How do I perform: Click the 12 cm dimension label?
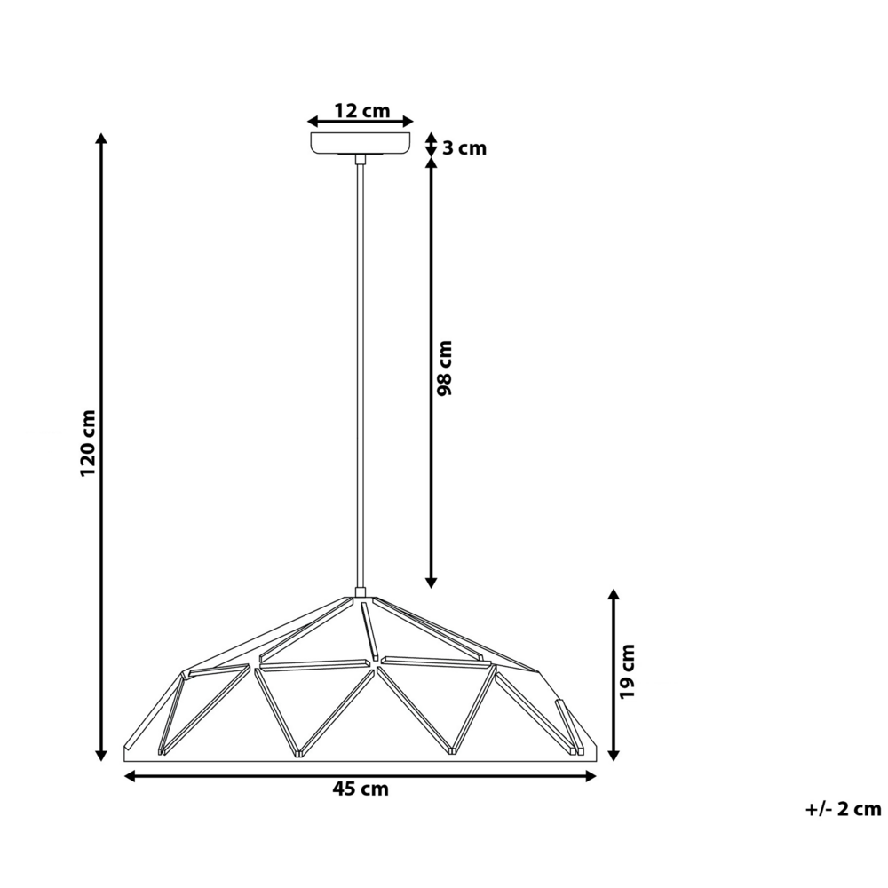pos(361,111)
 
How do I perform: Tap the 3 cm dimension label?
pos(464,148)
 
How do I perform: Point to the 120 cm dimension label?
pos(88,444)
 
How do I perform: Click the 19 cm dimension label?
pos(627,670)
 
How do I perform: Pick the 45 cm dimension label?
pos(361,789)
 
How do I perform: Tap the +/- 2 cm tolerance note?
pos(843,809)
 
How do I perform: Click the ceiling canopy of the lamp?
pos(361,143)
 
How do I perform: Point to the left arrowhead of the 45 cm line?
pos(130,776)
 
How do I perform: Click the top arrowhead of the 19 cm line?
pos(612,594)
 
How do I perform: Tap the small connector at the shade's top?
pos(361,592)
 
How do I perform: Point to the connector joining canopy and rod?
pos(361,159)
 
